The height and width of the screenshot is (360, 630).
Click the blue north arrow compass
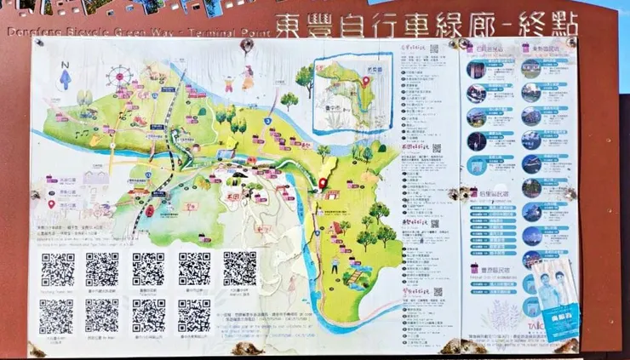[x=66, y=77]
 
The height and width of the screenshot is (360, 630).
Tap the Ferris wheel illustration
[x=119, y=77]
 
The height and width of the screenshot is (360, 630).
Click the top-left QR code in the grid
[x=57, y=269]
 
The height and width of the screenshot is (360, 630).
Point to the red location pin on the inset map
[x=366, y=82]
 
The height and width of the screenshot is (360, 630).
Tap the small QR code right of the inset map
[x=434, y=49]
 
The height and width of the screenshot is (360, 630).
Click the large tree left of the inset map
[x=304, y=78]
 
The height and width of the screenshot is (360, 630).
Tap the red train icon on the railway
[x=150, y=211]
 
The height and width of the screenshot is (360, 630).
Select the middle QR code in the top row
[x=148, y=269]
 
